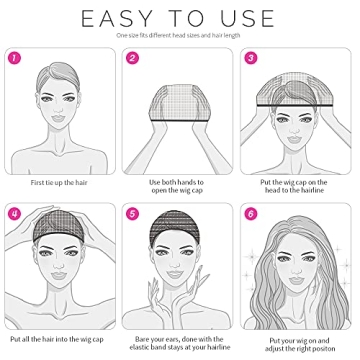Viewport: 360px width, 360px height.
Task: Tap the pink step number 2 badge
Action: coord(133,59)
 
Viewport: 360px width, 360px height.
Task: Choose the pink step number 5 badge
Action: coord(133,214)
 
